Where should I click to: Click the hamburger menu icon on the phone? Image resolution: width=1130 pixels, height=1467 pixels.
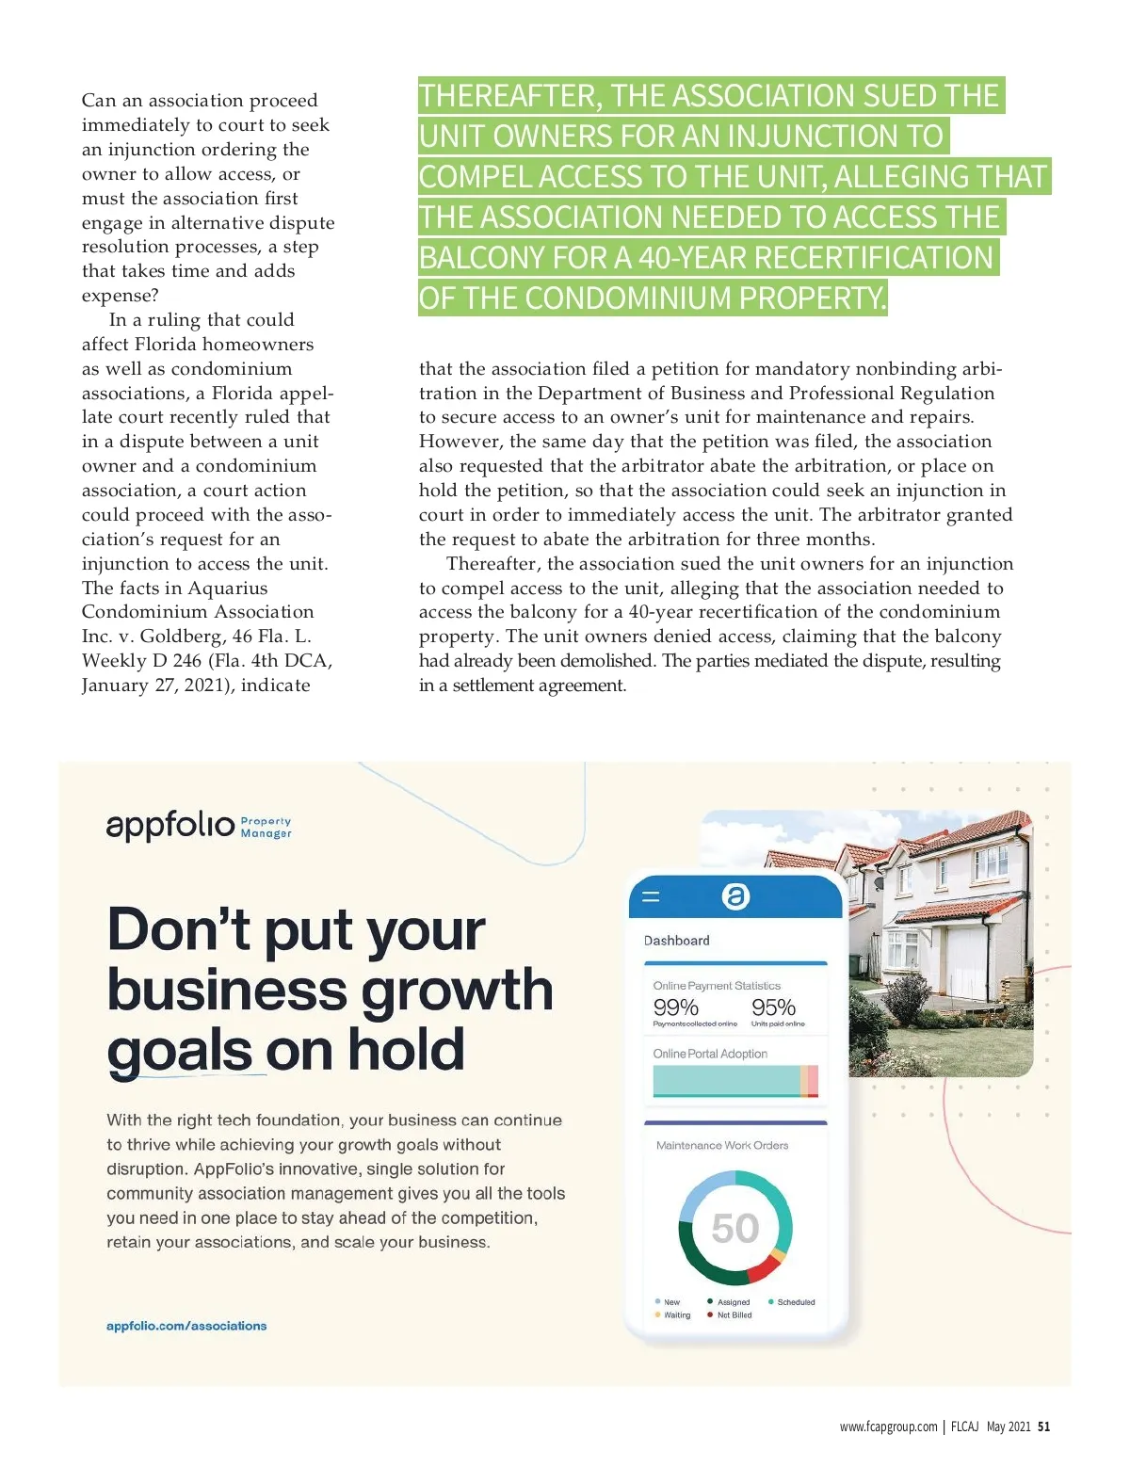pyautogui.click(x=651, y=897)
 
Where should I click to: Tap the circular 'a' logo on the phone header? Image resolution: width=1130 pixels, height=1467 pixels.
pyautogui.click(x=735, y=896)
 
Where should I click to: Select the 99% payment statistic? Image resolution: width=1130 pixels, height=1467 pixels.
pyautogui.click(x=676, y=1008)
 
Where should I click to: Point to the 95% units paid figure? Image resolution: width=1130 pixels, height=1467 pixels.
pyautogui.click(x=773, y=1008)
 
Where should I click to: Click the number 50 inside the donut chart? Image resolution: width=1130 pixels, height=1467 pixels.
pyautogui.click(x=734, y=1228)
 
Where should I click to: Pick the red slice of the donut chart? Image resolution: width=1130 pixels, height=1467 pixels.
pyautogui.click(x=762, y=1270)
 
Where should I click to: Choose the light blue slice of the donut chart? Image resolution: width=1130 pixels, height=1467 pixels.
pyautogui.click(x=701, y=1192)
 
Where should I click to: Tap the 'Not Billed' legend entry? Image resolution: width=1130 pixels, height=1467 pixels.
pyautogui.click(x=734, y=1315)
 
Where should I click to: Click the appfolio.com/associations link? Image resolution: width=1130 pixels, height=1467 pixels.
pyautogui.click(x=186, y=1326)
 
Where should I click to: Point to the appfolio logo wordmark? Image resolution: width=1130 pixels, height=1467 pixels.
pyautogui.click(x=170, y=825)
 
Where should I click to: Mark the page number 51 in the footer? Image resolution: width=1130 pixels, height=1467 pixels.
pyautogui.click(x=1043, y=1427)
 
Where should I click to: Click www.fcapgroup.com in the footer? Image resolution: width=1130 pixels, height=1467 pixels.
pyautogui.click(x=888, y=1427)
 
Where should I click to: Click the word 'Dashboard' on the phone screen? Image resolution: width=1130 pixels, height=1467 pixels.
pyautogui.click(x=676, y=941)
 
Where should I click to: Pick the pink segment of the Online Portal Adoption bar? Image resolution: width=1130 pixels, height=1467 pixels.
pyautogui.click(x=813, y=1080)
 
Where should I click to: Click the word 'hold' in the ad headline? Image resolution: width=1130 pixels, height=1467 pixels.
pyautogui.click(x=407, y=1050)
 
